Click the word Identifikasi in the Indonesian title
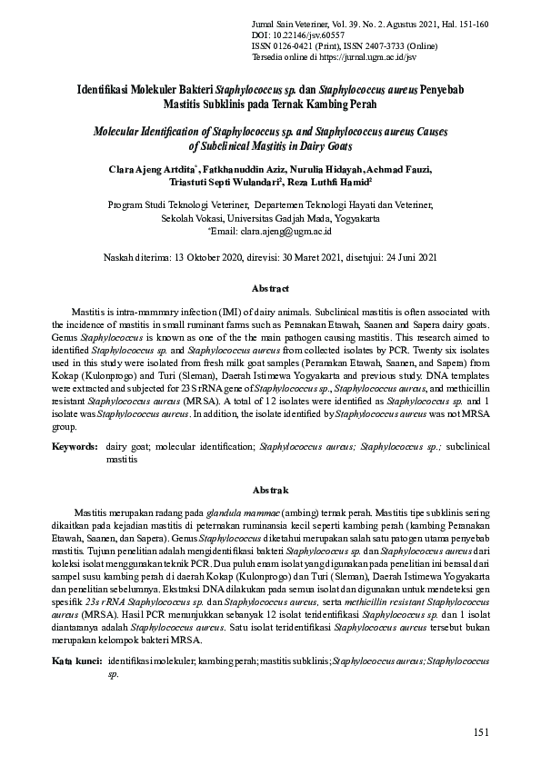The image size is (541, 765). click(x=107, y=92)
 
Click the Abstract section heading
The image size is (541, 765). click(x=270, y=289)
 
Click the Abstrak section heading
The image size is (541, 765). click(x=270, y=489)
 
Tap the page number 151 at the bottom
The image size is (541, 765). click(x=482, y=733)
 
